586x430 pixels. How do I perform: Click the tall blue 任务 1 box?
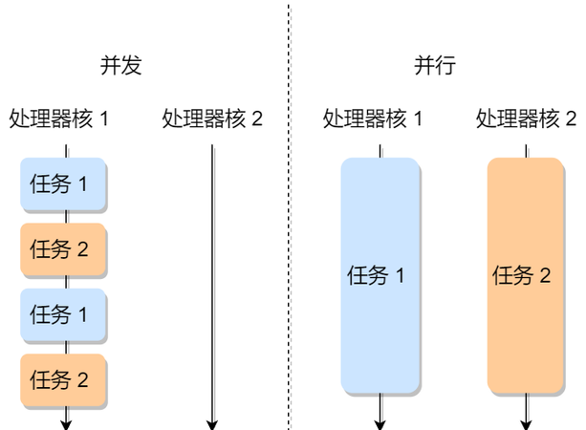380,276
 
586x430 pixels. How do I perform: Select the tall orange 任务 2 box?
525,276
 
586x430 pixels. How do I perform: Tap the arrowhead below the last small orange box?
67,422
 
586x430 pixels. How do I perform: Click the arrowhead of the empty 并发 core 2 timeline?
212,422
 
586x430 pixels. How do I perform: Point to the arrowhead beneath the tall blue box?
380,422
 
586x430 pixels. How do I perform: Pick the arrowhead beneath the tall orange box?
525,422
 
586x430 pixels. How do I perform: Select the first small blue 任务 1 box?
64,184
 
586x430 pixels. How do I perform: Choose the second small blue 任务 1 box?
64,314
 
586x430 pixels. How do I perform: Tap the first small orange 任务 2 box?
64,249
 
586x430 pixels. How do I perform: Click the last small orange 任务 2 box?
64,379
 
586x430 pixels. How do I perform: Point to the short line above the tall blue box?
380,151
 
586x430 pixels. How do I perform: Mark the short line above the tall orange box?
525,151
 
